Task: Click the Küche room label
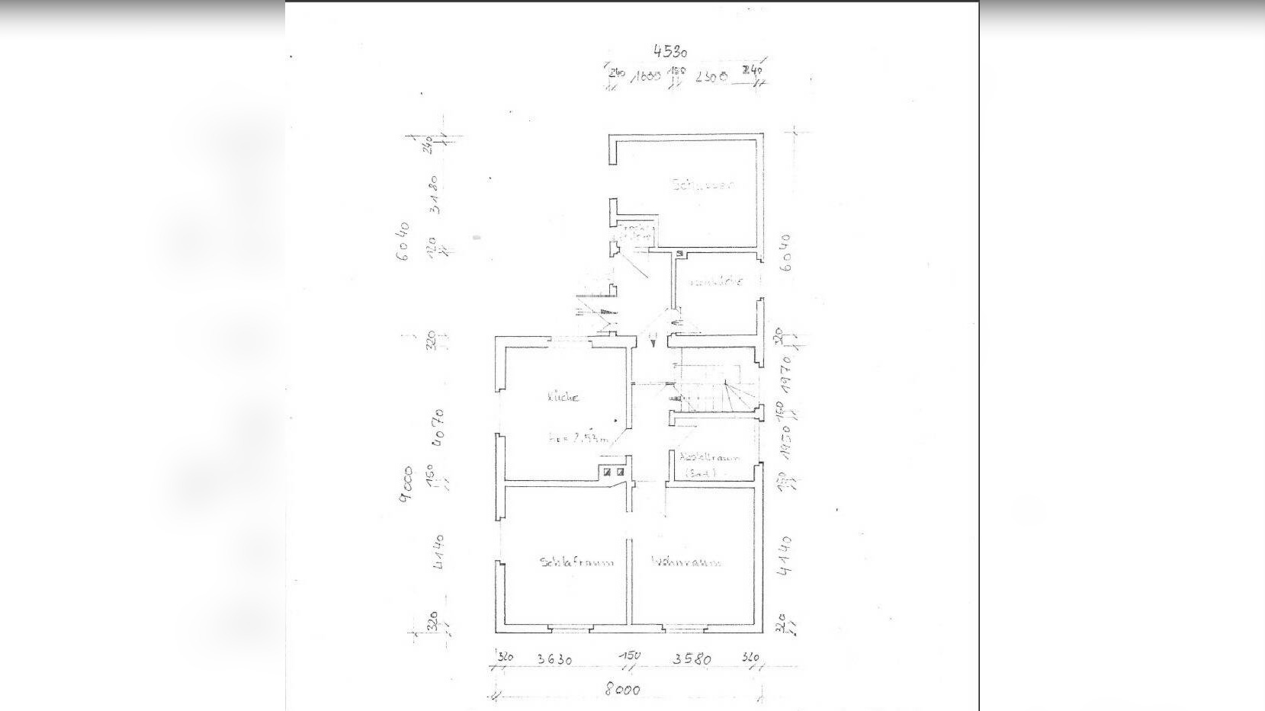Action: pos(564,397)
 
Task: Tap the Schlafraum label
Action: pos(576,563)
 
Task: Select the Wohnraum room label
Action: pos(686,562)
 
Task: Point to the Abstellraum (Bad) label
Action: pos(710,465)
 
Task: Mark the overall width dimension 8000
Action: pos(622,690)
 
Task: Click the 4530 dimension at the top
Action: pos(670,51)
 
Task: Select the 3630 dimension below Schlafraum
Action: pos(554,659)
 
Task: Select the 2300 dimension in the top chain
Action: pos(711,77)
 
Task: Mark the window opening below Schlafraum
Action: pos(570,629)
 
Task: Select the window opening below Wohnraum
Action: pos(685,629)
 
